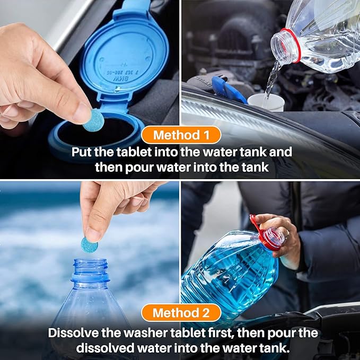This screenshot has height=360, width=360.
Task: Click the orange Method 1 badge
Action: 180,135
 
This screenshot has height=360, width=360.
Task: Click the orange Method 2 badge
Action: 180,313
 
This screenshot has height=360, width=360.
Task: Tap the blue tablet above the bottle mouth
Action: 89,244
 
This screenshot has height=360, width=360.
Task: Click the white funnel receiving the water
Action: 266,102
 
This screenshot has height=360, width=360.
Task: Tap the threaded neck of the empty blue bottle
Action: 90,270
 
